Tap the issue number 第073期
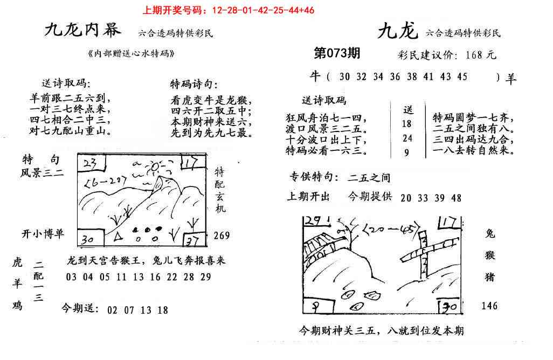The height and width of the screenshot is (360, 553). click(337, 53)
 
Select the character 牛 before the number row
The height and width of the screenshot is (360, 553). click(315, 77)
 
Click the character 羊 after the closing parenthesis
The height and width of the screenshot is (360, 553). click(510, 78)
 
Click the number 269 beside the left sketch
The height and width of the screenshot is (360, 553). click(221, 236)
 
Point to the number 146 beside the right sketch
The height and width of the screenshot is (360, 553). click(489, 306)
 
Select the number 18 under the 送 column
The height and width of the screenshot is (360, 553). click(407, 123)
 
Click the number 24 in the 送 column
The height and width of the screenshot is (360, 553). click(407, 138)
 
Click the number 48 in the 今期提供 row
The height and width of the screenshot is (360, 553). click(456, 198)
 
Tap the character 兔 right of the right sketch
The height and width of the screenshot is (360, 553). click(490, 234)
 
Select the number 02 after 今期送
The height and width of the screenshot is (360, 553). click(112, 310)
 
